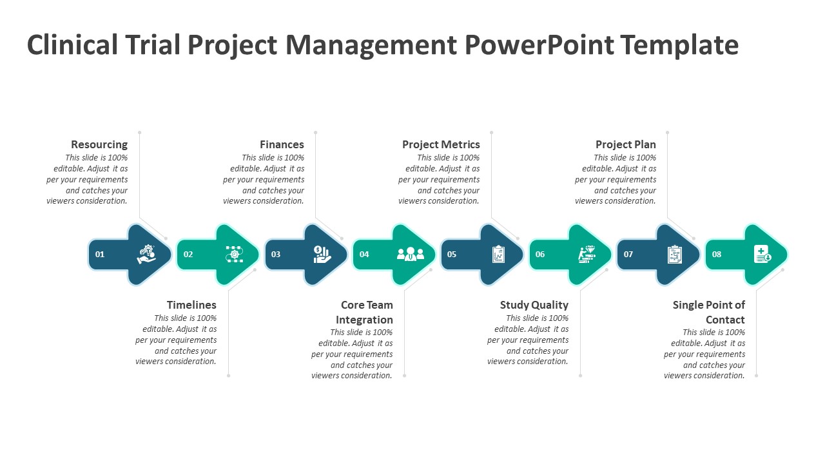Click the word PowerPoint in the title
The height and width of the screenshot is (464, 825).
(539, 45)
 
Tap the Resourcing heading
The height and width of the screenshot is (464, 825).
(99, 144)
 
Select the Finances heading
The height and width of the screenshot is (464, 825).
(282, 144)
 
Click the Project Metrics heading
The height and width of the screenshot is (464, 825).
(441, 144)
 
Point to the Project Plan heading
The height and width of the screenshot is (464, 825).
(626, 144)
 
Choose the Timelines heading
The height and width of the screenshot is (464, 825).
(191, 305)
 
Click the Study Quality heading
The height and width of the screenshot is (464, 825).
(534, 305)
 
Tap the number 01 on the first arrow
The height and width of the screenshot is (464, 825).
(100, 254)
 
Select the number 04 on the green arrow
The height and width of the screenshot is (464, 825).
(364, 254)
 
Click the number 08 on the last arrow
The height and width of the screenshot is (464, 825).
(716, 254)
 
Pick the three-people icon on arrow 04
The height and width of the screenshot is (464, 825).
(411, 254)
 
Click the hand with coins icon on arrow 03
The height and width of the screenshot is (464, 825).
(322, 254)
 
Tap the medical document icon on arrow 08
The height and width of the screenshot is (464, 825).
(762, 254)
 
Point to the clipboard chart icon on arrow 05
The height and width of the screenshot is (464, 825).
(498, 254)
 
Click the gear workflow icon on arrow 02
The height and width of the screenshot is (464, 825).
(235, 254)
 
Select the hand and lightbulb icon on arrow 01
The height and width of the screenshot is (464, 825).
(146, 254)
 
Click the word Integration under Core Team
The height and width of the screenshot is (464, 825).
(364, 320)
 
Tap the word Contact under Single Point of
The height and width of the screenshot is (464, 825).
(725, 320)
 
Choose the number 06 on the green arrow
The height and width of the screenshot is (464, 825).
(540, 254)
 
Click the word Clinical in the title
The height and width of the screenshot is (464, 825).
(72, 45)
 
